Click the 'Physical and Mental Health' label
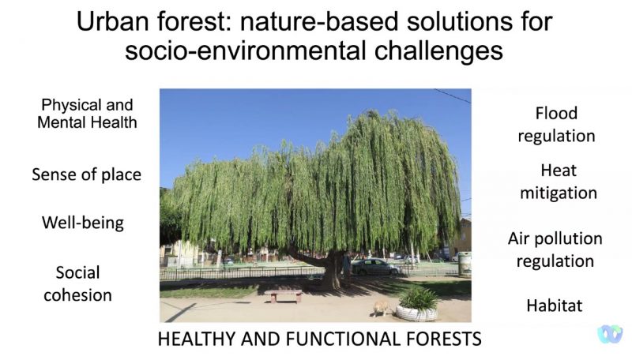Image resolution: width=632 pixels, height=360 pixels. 87,114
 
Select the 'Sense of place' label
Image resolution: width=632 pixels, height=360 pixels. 87,174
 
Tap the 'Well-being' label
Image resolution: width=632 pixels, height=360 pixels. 83,223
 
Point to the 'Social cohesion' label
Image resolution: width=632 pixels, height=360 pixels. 77,284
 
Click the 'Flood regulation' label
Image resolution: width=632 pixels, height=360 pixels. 556,125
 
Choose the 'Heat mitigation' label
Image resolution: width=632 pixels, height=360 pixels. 559,182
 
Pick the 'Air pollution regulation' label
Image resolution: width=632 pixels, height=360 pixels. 555,249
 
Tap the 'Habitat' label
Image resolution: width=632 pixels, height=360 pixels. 555,306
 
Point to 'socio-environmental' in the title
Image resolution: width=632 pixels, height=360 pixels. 246,51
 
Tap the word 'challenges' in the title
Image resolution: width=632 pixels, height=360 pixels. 438,51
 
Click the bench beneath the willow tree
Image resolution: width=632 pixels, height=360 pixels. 286,295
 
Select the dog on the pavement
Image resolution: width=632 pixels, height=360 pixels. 381,309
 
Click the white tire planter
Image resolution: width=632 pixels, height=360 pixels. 416,313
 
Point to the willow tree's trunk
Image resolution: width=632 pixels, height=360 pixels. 333,271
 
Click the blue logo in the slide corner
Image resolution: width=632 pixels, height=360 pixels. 610,334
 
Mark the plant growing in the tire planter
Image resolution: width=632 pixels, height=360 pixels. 419,298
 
